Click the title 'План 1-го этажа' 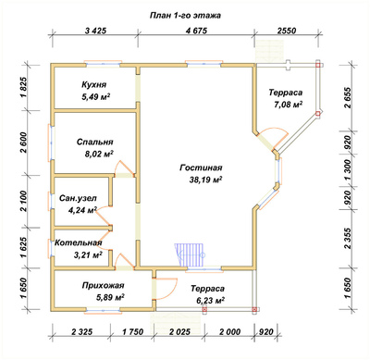pyautogui.click(x=185, y=16)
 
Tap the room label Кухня pyautogui.click(x=94, y=84)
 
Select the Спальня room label pyautogui.click(x=95, y=143)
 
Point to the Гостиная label pyautogui.click(x=201, y=168)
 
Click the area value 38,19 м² pyautogui.click(x=206, y=180)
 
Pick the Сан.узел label pyautogui.click(x=78, y=198)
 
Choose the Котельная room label pyautogui.click(x=78, y=242)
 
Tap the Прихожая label pyautogui.click(x=103, y=285)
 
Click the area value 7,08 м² pyautogui.click(x=288, y=105)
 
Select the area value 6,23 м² pyautogui.click(x=210, y=300)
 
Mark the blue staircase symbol pyautogui.click(x=190, y=254)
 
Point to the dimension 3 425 pyautogui.click(x=95, y=31)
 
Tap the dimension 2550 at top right pyautogui.click(x=286, y=31)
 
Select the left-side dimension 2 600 pyautogui.click(x=24, y=143)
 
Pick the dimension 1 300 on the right pyautogui.click(x=348, y=170)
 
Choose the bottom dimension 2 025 pyautogui.click(x=179, y=332)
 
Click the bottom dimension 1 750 pyautogui.click(x=132, y=332)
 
